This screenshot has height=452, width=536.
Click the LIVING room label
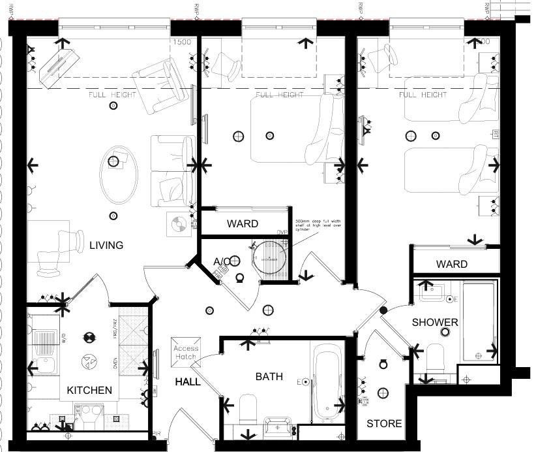click(106, 246)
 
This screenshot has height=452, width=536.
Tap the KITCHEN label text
click(90, 391)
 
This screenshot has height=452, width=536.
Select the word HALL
click(188, 381)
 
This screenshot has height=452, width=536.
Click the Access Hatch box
click(185, 353)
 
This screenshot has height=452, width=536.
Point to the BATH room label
click(269, 377)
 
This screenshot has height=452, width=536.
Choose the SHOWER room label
click(435, 323)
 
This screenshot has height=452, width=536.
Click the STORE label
click(384, 423)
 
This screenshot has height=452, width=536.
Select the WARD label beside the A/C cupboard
click(243, 224)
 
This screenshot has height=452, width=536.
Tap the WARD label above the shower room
click(452, 265)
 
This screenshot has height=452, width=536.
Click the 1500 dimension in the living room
click(182, 42)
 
